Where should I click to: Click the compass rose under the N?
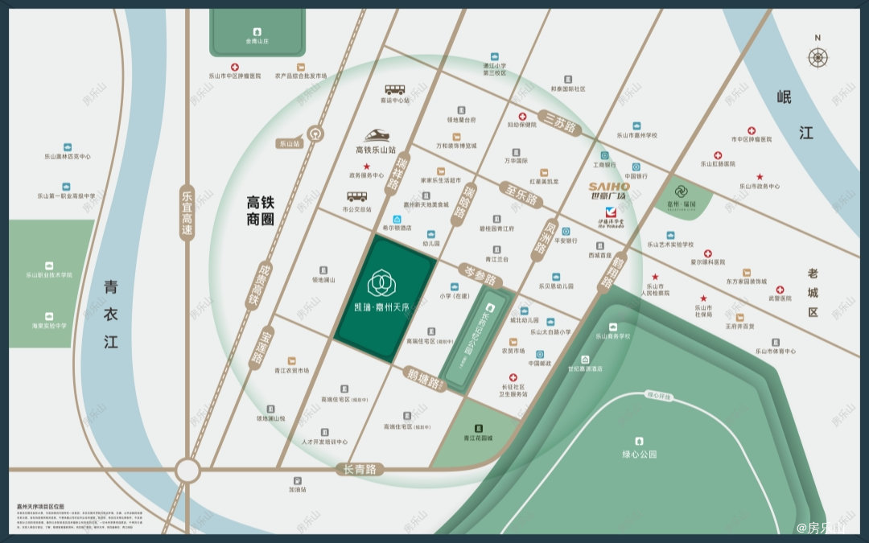[x=818, y=57]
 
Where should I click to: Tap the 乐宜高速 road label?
[x=187, y=212]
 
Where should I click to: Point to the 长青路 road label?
[x=360, y=469]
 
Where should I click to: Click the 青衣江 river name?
[x=111, y=314]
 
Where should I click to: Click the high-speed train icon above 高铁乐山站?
[x=376, y=137]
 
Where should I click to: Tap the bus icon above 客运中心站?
[x=394, y=90]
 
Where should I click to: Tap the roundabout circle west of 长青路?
[x=187, y=470]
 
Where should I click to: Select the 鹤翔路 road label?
[x=608, y=273]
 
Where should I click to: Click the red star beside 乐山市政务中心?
[x=759, y=177]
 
